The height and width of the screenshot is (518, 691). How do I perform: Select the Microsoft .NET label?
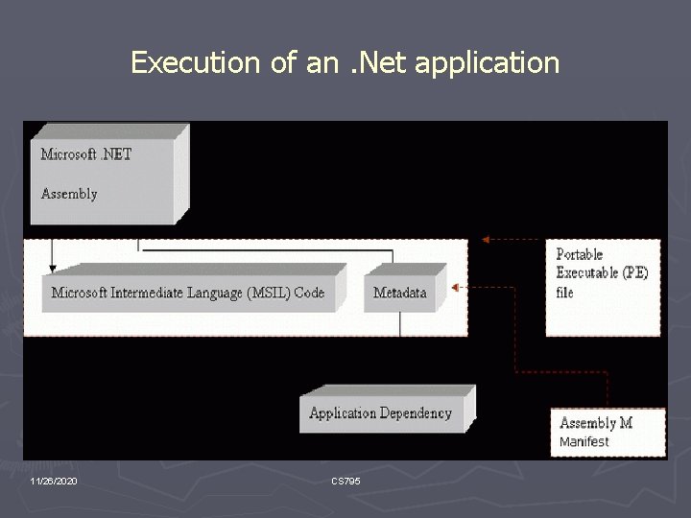(x=86, y=154)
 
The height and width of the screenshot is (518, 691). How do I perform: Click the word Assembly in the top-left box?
(x=69, y=194)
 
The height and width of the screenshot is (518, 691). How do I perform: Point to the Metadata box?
(x=400, y=293)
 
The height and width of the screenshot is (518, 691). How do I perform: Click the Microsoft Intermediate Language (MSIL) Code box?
(x=188, y=293)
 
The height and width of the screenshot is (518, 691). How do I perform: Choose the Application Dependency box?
(x=380, y=413)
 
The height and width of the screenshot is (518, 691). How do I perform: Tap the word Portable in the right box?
(x=580, y=254)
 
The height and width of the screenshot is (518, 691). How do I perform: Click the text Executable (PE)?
(x=603, y=272)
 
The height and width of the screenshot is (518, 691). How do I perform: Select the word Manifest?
(x=584, y=442)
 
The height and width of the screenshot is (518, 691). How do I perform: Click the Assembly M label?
(x=596, y=423)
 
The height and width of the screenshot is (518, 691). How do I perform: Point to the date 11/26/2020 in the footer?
(x=54, y=480)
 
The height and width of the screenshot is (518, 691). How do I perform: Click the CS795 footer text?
(x=345, y=480)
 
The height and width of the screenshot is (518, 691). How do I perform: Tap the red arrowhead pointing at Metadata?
(x=456, y=287)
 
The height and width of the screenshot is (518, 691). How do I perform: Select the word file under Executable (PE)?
(x=565, y=292)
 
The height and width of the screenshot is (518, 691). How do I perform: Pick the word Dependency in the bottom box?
(x=416, y=413)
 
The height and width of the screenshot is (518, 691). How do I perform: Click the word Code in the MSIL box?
(x=309, y=293)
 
